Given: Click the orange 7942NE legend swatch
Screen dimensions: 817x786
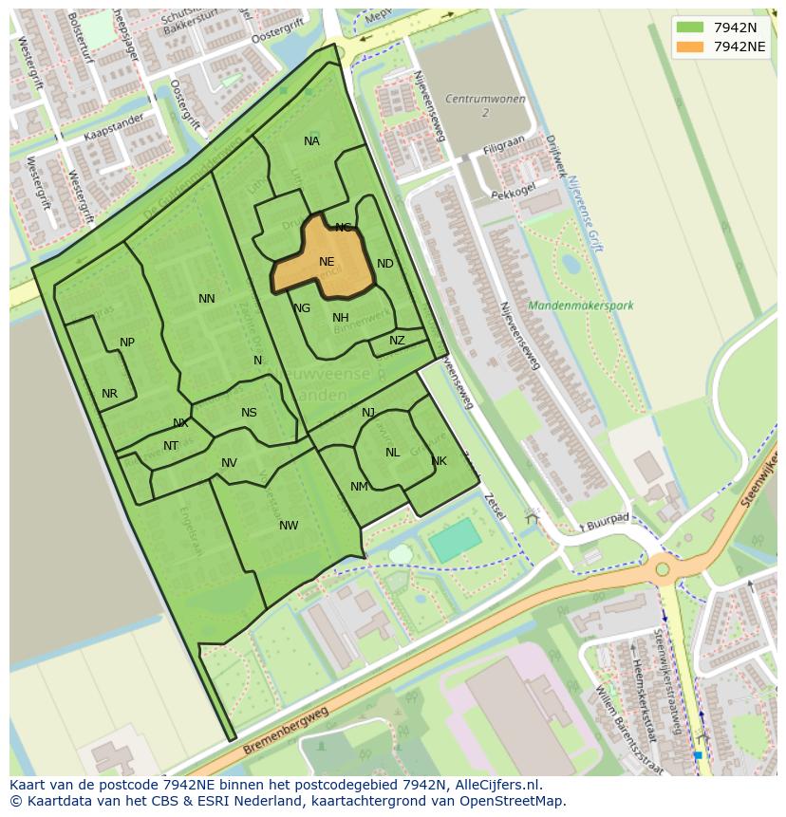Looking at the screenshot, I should [x=690, y=46].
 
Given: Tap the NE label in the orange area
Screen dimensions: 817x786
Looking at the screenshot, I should [x=327, y=262].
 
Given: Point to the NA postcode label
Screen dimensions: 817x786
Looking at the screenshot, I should [x=311, y=141].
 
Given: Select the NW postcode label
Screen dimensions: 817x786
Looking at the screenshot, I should [x=289, y=526].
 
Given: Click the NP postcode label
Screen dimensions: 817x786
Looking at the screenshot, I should [x=127, y=343].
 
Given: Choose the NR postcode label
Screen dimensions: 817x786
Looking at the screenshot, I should [x=109, y=394].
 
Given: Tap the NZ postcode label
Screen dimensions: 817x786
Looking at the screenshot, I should [x=397, y=341].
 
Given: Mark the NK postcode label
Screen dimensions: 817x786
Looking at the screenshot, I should [x=439, y=462].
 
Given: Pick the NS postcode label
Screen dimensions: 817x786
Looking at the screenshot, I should [x=249, y=413].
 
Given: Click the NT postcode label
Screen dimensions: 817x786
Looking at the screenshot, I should [x=171, y=446].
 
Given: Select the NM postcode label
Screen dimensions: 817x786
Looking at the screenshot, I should [x=359, y=487].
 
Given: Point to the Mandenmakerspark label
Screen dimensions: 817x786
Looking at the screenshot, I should [x=580, y=306].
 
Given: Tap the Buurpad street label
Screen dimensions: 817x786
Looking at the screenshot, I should [x=608, y=521].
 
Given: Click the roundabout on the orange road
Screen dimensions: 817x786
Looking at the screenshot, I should [x=663, y=570].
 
